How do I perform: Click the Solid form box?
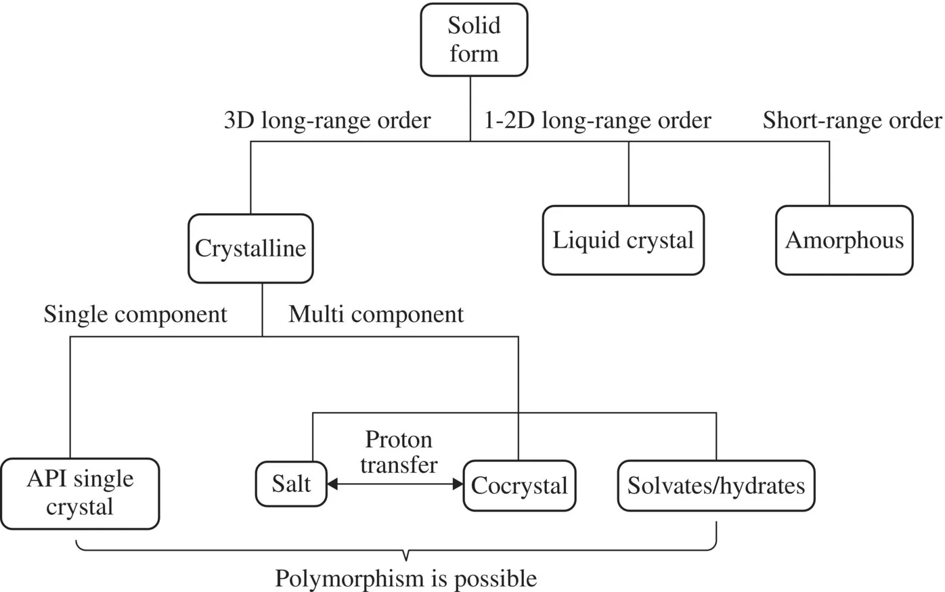[474, 40]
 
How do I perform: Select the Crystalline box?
[250, 248]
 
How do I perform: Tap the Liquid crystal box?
[623, 240]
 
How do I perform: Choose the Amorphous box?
[844, 240]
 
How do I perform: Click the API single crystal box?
[80, 493]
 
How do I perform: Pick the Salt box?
[291, 484]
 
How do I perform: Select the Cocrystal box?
[519, 485]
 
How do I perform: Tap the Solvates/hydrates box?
[716, 485]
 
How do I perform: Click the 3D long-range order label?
[327, 120]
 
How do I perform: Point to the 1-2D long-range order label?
[597, 120]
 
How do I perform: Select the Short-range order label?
[852, 120]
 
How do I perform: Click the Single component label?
[135, 315]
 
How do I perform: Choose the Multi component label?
[376, 315]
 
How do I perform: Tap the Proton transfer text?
[399, 452]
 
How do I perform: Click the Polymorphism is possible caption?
[405, 578]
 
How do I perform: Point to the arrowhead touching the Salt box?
[332, 484]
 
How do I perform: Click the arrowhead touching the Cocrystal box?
[458, 484]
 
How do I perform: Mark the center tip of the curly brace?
[405, 559]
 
